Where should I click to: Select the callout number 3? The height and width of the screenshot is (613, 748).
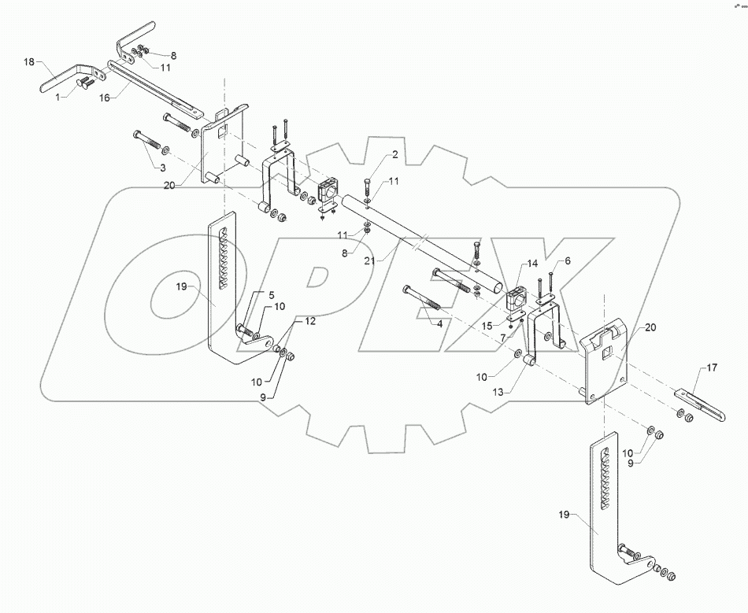coord(161,168)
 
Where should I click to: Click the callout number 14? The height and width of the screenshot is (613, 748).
coord(532,264)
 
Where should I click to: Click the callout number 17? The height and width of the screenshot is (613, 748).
coord(712,367)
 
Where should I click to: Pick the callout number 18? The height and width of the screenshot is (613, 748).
coord(29,61)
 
